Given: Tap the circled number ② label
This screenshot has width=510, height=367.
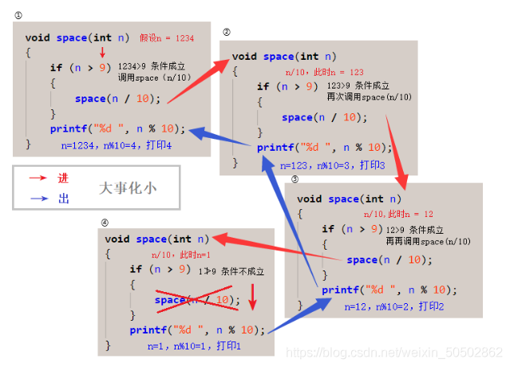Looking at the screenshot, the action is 227,33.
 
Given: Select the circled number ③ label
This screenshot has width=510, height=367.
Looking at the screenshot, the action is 294,179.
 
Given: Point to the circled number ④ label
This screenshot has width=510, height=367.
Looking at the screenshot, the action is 104,222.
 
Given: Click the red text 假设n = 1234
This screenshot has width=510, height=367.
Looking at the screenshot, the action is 166,37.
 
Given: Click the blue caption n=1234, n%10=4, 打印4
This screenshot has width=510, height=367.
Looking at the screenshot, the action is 117,146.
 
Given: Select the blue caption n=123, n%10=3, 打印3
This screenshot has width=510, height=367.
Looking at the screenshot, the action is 332,165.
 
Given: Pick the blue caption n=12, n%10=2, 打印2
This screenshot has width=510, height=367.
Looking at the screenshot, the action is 394,306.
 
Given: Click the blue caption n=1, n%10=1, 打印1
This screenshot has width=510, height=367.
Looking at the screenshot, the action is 194,346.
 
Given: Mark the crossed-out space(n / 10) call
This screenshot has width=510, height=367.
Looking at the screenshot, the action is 197,300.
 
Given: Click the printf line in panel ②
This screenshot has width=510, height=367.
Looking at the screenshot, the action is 324,147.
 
